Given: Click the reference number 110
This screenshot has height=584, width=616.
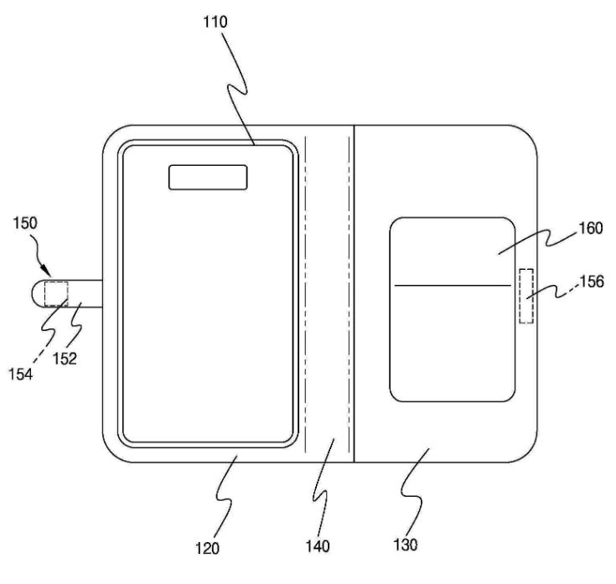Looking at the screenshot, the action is click(x=215, y=22).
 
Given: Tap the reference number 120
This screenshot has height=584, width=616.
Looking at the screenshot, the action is click(x=207, y=548).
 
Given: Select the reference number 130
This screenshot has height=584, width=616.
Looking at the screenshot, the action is click(x=406, y=545).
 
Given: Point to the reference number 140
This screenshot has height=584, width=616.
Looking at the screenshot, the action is click(x=318, y=546).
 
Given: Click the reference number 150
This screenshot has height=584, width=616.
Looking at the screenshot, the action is click(x=25, y=223).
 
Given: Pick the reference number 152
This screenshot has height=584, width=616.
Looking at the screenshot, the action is click(x=65, y=358).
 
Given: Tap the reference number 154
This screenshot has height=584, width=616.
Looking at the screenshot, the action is click(x=21, y=375).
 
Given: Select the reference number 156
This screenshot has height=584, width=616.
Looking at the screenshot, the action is click(x=592, y=282).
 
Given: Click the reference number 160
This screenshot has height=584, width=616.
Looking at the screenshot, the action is click(x=591, y=228).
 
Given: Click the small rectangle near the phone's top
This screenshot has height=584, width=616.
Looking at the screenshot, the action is click(x=208, y=177).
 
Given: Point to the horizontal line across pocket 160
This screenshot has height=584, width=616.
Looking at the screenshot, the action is click(x=453, y=285).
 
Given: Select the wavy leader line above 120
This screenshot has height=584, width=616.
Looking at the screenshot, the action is click(x=225, y=498).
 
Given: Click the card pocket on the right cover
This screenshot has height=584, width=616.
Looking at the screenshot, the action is click(x=453, y=309).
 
